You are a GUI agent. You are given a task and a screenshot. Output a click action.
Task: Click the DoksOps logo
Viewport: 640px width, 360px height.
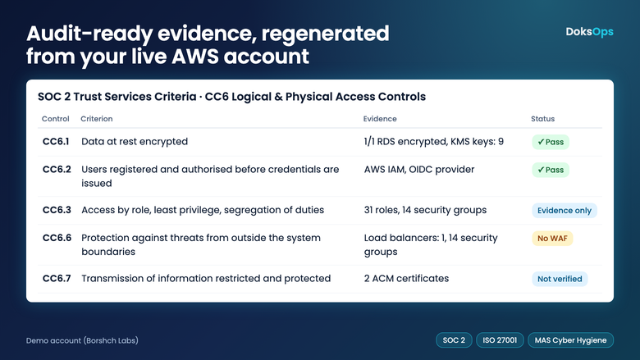tap(589, 32)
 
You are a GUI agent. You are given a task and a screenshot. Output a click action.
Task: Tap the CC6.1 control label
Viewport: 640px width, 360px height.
tap(56, 142)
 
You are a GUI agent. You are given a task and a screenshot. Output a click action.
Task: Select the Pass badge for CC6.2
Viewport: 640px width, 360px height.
tap(551, 170)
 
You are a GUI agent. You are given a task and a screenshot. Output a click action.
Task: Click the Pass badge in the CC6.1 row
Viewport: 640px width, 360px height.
tap(551, 142)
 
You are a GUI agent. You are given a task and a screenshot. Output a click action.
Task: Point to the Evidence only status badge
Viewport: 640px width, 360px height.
tap(564, 211)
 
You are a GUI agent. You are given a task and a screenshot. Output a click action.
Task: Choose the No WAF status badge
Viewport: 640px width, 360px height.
tap(552, 238)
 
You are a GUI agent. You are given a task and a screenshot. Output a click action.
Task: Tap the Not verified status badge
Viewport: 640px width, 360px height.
tap(560, 279)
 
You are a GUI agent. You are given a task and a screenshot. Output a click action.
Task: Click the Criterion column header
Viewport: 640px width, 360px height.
tap(96, 119)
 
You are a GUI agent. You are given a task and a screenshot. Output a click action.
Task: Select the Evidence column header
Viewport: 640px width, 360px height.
tap(380, 119)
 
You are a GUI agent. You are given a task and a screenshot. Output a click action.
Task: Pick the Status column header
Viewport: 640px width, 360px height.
tap(542, 119)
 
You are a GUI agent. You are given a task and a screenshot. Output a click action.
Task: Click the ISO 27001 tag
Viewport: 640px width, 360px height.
tap(500, 340)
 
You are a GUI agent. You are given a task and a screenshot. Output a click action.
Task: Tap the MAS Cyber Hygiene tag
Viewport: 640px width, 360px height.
tap(570, 340)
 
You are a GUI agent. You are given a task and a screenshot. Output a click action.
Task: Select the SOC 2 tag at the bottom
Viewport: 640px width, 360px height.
tap(454, 340)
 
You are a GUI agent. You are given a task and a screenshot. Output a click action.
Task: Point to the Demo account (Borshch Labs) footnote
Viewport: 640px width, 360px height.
tap(82, 340)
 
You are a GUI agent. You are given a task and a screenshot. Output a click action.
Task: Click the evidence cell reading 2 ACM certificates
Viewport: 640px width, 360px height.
tap(406, 279)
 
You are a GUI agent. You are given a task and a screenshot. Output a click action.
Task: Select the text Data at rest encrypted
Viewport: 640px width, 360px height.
tap(135, 142)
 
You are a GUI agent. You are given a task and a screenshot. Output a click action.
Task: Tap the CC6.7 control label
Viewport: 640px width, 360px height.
tap(57, 279)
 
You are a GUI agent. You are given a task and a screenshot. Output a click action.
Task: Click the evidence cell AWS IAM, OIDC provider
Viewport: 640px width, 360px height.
tap(418, 169)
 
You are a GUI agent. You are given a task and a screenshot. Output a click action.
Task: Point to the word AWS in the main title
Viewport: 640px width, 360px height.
tap(194, 57)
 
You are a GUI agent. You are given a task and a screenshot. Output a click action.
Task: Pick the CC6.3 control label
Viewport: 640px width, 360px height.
tap(57, 210)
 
